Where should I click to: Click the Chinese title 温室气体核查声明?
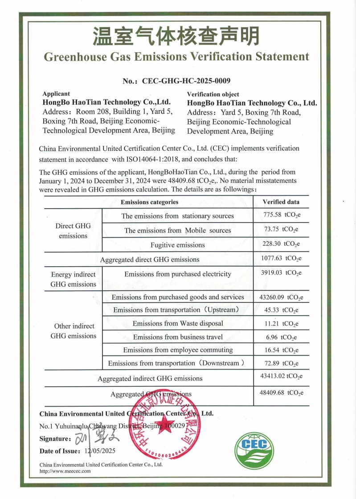pyautogui.click(x=176, y=36)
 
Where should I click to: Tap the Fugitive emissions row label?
pyautogui.click(x=177, y=245)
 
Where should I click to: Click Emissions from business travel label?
pyautogui.click(x=177, y=337)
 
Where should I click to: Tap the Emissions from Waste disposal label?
pyautogui.click(x=177, y=323)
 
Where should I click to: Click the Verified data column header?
pyautogui.click(x=281, y=202)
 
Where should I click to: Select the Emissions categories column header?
pyautogui.click(x=149, y=202)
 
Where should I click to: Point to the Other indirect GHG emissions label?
pyautogui.click(x=74, y=331)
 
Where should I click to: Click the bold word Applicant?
pyautogui.click(x=56, y=94)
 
